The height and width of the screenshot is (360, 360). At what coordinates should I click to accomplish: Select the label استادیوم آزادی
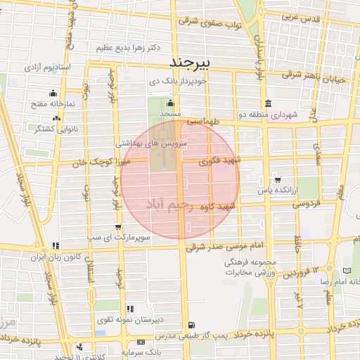(x=49, y=68)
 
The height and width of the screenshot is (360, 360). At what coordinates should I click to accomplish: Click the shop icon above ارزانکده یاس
(x=277, y=179)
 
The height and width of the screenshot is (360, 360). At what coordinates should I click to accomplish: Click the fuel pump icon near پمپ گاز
(x=191, y=326)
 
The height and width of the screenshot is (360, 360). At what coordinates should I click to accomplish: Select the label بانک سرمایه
(x=140, y=350)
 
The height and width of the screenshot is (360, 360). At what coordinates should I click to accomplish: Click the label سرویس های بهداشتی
(x=152, y=143)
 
